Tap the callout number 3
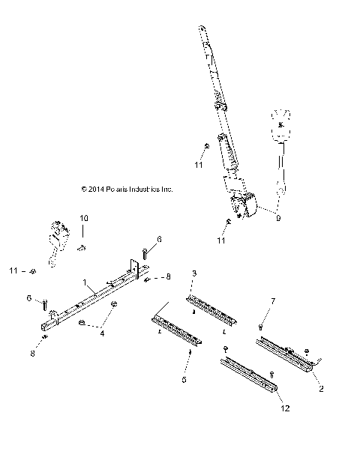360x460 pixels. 194,273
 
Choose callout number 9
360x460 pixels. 278,219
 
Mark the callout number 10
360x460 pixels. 84,217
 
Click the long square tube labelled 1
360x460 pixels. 94,300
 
